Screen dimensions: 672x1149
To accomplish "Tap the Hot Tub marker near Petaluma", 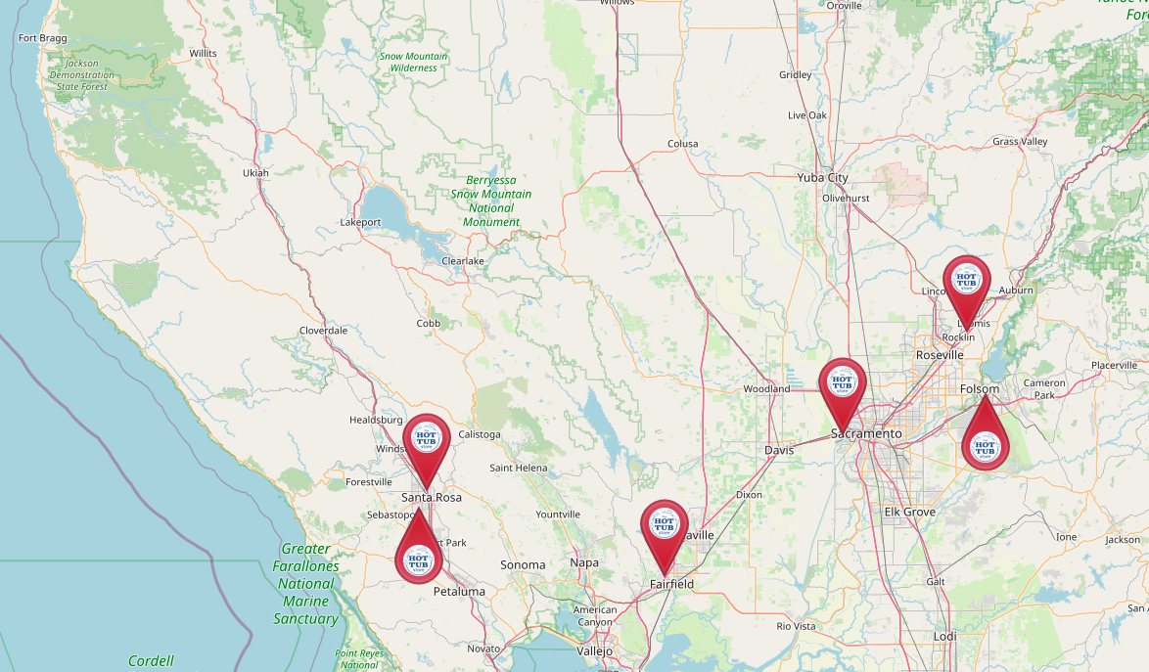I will (x=418, y=559).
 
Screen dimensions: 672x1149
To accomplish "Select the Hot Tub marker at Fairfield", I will (x=665, y=525).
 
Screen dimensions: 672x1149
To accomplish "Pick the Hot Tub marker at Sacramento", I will (x=842, y=383).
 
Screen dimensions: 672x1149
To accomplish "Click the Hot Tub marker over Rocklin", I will (x=966, y=281).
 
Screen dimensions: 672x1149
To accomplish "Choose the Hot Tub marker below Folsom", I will (x=985, y=445).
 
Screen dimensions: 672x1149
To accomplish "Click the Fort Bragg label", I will (x=41, y=39).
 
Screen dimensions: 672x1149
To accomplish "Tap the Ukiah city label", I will (x=254, y=173).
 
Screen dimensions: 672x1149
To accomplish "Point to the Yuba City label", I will (x=822, y=178).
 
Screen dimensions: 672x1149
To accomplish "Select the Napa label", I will (x=584, y=562).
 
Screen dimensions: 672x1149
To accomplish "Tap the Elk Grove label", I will (x=909, y=512).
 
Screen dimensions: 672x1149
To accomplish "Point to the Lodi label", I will (x=944, y=636).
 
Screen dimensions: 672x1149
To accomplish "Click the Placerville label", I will (x=1115, y=365).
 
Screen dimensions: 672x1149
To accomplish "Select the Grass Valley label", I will (x=1020, y=142).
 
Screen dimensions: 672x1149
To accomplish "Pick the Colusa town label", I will (x=682, y=144).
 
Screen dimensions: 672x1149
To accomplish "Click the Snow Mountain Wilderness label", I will (x=413, y=63).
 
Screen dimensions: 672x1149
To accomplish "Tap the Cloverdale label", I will (x=323, y=331).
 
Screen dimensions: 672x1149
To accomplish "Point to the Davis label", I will (x=779, y=450).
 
